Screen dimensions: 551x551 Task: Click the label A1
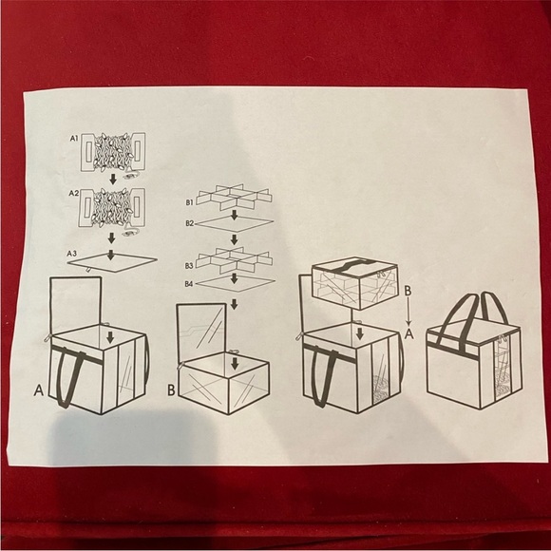pyautogui.click(x=72, y=139)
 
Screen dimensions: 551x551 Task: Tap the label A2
pyautogui.click(x=72, y=192)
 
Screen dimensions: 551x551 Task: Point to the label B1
pyautogui.click(x=189, y=202)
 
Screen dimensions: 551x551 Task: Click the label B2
pyautogui.click(x=189, y=223)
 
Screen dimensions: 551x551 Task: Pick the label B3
pyautogui.click(x=189, y=265)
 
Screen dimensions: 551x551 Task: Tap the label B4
pyautogui.click(x=189, y=283)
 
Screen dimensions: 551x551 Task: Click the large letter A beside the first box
pyautogui.click(x=38, y=389)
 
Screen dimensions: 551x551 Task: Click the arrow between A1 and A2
pyautogui.click(x=112, y=178)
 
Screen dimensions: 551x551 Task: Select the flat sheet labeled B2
pyautogui.click(x=235, y=226)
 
